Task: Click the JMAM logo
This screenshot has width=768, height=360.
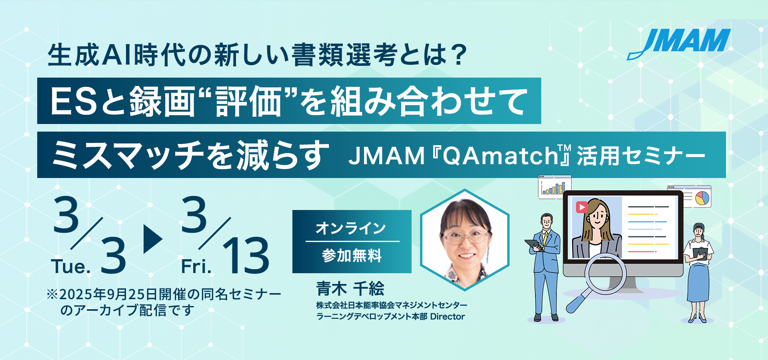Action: [x=679, y=43]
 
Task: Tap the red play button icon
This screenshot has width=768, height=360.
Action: [x=582, y=207]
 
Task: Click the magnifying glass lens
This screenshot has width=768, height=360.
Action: [x=605, y=274]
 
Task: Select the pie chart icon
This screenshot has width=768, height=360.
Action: [x=702, y=198]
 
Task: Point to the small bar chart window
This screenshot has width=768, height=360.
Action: [x=554, y=187]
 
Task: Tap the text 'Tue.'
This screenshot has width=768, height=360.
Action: [x=71, y=266]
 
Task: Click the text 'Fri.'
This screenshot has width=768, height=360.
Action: [x=196, y=266]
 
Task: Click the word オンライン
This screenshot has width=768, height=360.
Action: [x=351, y=228]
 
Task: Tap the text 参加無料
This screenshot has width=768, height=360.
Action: [x=352, y=255]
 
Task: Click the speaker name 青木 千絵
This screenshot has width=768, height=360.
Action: [x=350, y=288]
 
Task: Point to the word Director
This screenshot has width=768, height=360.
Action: [x=448, y=316]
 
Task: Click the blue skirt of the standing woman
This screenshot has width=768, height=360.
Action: [x=698, y=282]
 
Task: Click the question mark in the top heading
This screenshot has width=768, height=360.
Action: [x=458, y=54]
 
